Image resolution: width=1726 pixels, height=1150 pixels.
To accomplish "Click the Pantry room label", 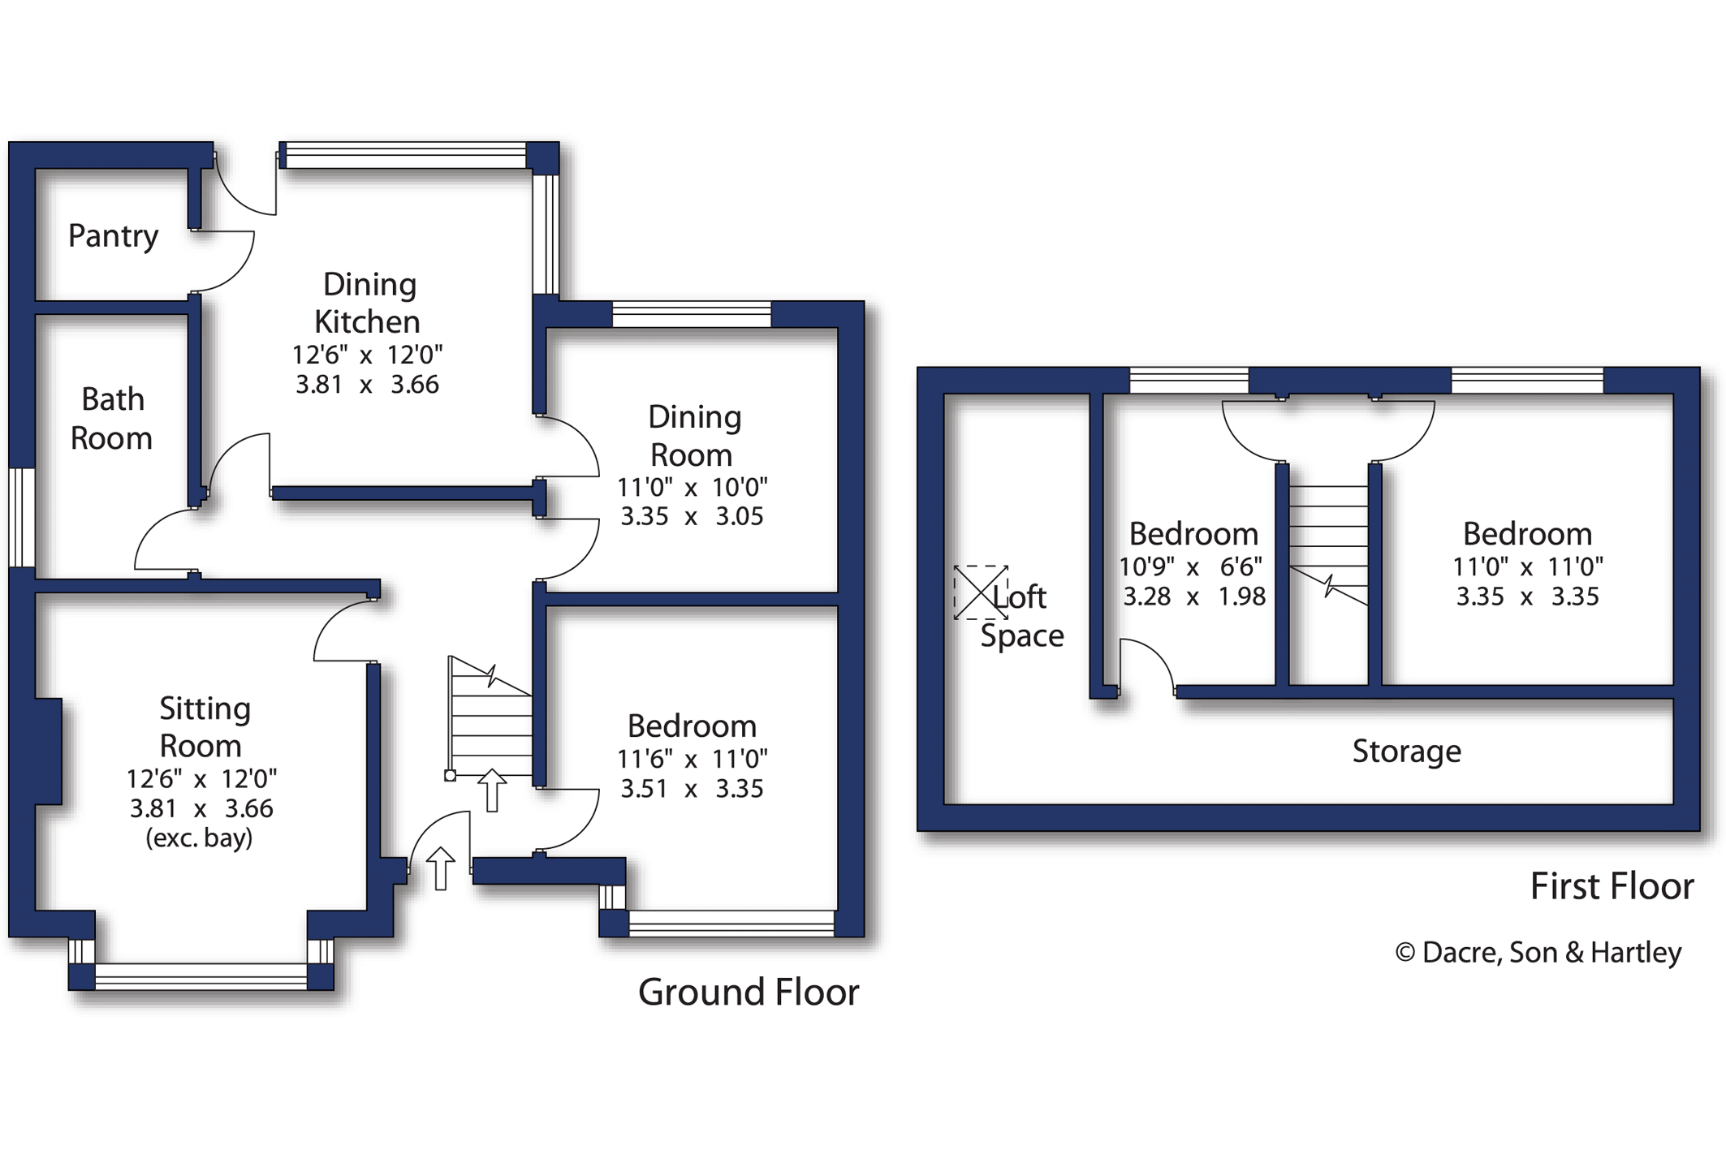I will (x=113, y=236).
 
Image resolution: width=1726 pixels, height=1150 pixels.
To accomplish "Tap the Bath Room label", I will (x=112, y=419).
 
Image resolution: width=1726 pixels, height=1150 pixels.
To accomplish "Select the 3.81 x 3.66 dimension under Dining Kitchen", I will (x=367, y=385).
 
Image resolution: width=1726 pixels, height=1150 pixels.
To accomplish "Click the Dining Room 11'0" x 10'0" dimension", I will (x=692, y=487).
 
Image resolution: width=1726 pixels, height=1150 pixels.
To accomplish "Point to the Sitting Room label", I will (x=203, y=726).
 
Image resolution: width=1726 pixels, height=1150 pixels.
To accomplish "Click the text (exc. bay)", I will (x=199, y=838).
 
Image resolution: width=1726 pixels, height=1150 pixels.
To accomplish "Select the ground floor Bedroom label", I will (x=692, y=726).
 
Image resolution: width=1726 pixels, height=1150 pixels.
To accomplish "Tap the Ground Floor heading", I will (x=748, y=992).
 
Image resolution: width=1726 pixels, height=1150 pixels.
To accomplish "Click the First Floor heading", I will (x=1612, y=885).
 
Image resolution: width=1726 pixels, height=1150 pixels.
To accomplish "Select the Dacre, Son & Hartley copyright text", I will (x=1538, y=952).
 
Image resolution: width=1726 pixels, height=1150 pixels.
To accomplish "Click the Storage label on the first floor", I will (x=1406, y=751).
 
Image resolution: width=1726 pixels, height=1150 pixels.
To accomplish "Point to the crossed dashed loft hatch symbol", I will (x=980, y=592).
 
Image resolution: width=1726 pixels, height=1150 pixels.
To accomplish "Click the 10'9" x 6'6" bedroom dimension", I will (x=1191, y=566).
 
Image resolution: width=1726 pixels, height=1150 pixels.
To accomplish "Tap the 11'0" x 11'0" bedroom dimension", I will (x=1527, y=566).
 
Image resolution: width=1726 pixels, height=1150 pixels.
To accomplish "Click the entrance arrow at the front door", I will (x=440, y=868).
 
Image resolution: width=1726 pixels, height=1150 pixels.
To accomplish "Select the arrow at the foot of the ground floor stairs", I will (x=491, y=789).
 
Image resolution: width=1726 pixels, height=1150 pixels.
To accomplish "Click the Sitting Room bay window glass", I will (x=201, y=976).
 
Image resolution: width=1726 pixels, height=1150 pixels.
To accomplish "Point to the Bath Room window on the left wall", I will (x=22, y=517).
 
